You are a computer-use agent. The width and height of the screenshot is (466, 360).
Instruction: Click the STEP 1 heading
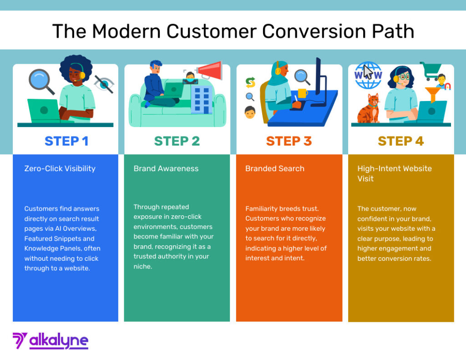pos(66,141)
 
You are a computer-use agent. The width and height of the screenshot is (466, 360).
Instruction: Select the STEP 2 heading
pos(177,141)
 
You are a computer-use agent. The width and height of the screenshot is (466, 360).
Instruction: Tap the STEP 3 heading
pos(289,141)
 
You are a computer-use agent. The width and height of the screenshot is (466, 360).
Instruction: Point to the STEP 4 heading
pos(400,141)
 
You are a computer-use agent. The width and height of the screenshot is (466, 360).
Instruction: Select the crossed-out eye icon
pos(104,84)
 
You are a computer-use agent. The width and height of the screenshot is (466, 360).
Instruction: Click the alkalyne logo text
pos(58,341)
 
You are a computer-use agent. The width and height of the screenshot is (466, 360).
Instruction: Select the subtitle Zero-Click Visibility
pos(60,168)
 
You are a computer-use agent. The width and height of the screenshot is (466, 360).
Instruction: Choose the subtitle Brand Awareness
pos(166,168)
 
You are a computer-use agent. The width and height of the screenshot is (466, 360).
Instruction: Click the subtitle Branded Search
pos(274,168)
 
